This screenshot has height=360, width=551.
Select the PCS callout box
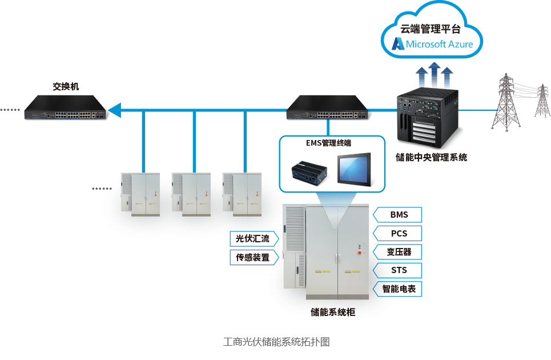[x=397, y=234]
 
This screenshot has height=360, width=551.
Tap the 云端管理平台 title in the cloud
[x=431, y=29]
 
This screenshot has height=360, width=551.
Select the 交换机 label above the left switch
[x=66, y=86]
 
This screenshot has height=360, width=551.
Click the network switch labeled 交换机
[x=65, y=107]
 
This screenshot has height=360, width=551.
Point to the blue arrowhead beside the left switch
[x=115, y=110]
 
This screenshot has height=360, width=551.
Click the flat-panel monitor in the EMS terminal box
[x=354, y=170]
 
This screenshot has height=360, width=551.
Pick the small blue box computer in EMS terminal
[x=309, y=173]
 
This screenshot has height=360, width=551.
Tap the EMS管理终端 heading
[x=328, y=143]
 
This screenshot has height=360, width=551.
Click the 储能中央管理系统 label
[x=432, y=157]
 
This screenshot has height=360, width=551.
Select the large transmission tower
[x=506, y=102]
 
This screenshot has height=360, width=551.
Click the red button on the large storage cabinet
[x=360, y=253]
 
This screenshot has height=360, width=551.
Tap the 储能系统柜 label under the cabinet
[x=333, y=312]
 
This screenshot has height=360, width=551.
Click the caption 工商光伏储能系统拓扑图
[x=276, y=342]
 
